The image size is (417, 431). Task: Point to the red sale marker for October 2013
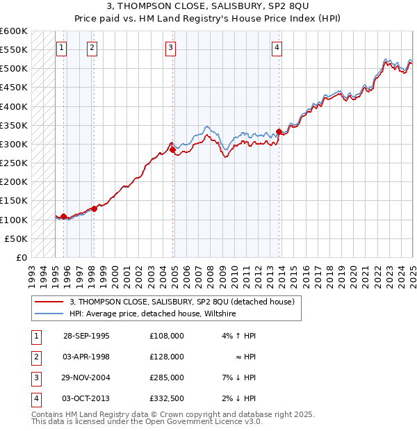click(279, 131)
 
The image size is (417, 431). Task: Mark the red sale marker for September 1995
click(63, 216)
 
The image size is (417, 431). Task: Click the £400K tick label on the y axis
click(13, 106)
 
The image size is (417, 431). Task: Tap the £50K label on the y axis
click(16, 238)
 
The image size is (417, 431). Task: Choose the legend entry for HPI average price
click(153, 314)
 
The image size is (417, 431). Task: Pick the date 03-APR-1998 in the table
click(86, 357)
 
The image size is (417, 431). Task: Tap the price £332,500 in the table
click(166, 398)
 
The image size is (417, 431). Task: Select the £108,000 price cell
click(166, 336)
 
